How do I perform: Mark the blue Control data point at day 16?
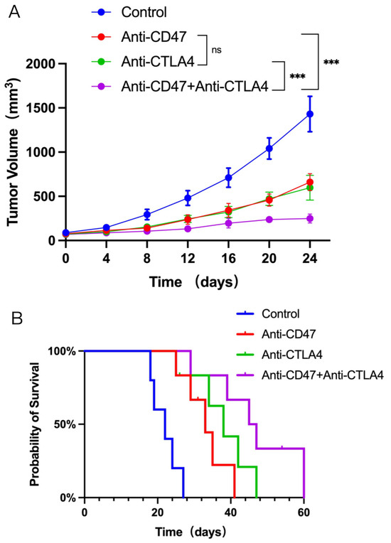pyautogui.click(x=228, y=178)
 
